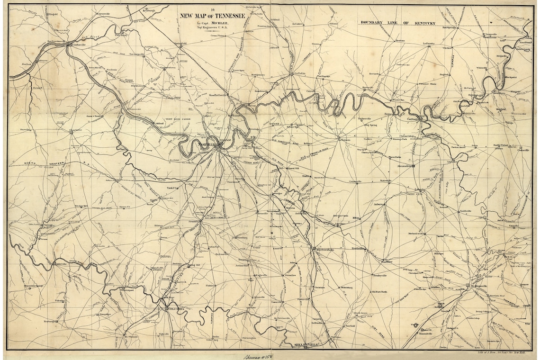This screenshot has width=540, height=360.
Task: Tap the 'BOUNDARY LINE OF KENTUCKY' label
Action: click(398, 23)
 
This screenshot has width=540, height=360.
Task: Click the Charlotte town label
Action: click(75, 130)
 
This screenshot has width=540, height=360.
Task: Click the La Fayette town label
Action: click(429, 44)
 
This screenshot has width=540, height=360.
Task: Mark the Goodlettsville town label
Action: click(218, 95)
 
